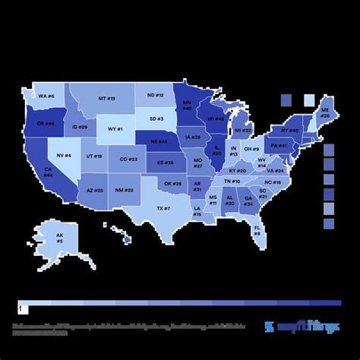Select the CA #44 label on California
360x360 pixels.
coord(48,172)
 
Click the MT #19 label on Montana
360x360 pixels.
coord(106,98)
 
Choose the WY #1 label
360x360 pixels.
coord(115,129)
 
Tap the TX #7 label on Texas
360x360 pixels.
coord(163,208)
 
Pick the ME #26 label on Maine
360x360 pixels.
coord(324,112)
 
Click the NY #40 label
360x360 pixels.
coord(291,130)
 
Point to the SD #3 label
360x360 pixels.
coord(156,118)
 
